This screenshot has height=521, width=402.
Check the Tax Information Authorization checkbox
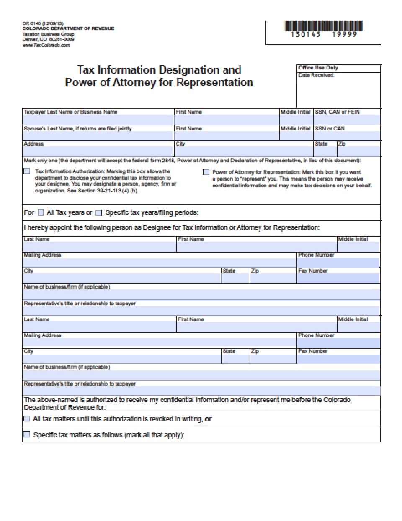[27, 171]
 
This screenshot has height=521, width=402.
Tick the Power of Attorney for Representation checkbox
[206, 172]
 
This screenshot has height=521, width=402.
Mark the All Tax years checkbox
[41, 212]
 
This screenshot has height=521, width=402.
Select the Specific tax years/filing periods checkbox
[99, 212]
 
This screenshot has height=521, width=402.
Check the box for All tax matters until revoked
[27, 419]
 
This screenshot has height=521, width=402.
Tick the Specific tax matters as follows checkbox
[27, 434]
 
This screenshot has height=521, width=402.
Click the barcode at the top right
[323, 26]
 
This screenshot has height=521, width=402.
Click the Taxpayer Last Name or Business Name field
[98, 119]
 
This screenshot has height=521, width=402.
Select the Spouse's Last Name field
[98, 136]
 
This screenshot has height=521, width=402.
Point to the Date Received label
[316, 75]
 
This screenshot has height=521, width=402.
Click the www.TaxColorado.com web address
[46, 45]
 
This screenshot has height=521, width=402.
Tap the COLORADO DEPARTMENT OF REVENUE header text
[68, 28]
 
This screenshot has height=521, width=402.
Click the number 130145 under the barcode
[306, 35]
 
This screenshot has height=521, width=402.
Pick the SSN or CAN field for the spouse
[347, 136]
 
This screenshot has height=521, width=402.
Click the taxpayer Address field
[98, 151]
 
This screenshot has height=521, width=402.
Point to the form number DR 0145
[31, 23]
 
